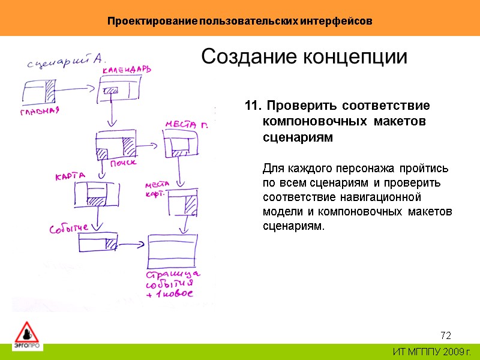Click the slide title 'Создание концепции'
tap(304, 57)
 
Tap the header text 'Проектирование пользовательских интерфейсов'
tap(240, 21)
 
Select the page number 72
tap(445, 334)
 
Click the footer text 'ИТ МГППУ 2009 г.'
tap(432, 352)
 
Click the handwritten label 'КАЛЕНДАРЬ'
tap(127, 70)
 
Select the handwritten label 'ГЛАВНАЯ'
tap(40, 112)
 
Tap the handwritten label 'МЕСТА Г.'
tap(187, 125)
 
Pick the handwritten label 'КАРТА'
tap(70, 176)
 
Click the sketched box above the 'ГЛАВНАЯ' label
tap(39, 94)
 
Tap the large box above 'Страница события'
tap(172, 251)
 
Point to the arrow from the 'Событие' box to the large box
tap(132, 244)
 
